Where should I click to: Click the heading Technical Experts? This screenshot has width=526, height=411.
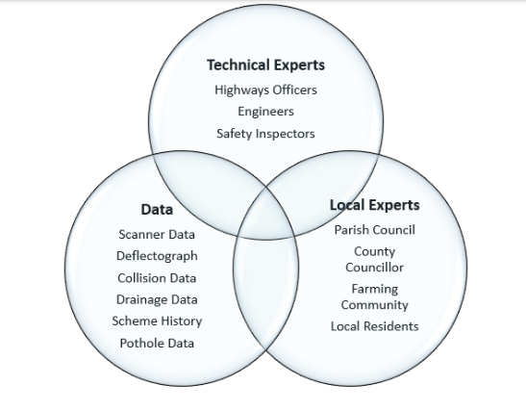pyautogui.click(x=265, y=65)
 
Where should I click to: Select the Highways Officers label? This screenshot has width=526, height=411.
pyautogui.click(x=265, y=90)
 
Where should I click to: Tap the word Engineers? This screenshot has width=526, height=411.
pyautogui.click(x=265, y=112)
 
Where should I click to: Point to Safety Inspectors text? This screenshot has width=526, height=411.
pyautogui.click(x=265, y=134)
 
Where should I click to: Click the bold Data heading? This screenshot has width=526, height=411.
pyautogui.click(x=157, y=209)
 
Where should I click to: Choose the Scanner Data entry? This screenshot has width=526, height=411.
pyautogui.click(x=157, y=235)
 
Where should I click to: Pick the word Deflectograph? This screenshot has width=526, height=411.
pyautogui.click(x=157, y=256)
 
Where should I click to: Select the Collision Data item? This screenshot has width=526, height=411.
pyautogui.click(x=157, y=278)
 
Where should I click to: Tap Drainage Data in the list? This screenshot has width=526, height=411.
pyautogui.click(x=157, y=299)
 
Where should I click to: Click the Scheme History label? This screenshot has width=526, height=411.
pyautogui.click(x=157, y=321)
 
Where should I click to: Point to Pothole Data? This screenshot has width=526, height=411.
pyautogui.click(x=157, y=344)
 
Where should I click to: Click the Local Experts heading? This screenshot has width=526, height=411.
pyautogui.click(x=375, y=205)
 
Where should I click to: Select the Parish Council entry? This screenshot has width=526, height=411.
pyautogui.click(x=375, y=230)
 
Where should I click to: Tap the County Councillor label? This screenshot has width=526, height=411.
pyautogui.click(x=375, y=260)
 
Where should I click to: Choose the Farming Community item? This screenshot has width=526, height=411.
pyautogui.click(x=375, y=297)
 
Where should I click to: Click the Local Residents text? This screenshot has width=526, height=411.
pyautogui.click(x=375, y=326)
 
